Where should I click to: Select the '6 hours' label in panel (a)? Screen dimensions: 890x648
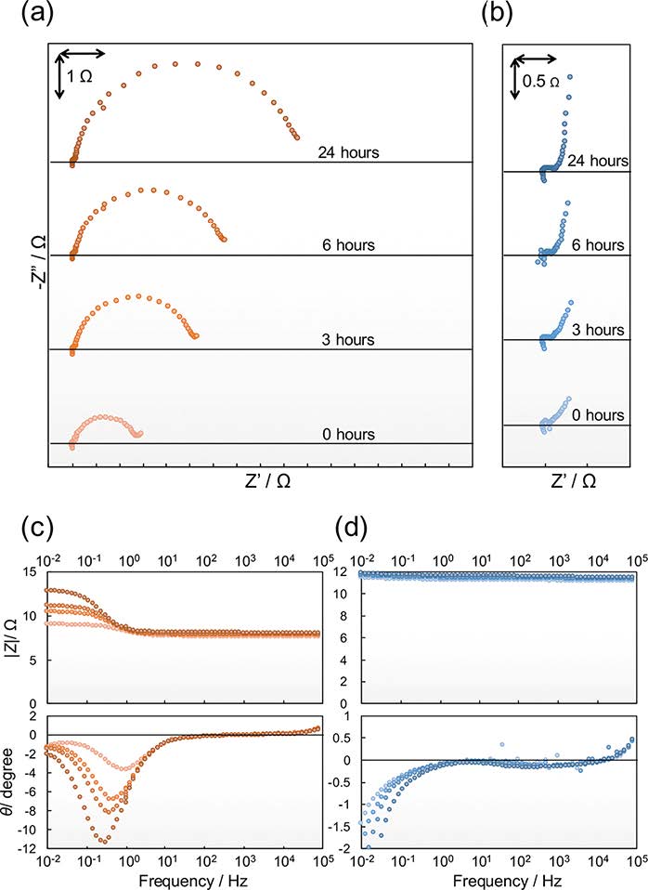tap(343, 245)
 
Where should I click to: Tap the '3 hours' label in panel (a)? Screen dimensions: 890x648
tap(343, 340)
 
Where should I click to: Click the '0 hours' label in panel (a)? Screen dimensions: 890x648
tap(343, 434)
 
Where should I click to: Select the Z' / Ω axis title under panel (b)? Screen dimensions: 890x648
tap(564, 480)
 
